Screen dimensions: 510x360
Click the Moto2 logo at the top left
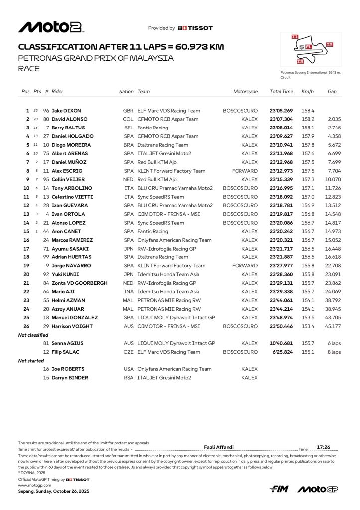[x=50, y=27]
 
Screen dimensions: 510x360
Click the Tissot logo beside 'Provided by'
[x=195, y=28]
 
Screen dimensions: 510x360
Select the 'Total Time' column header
[x=281, y=92]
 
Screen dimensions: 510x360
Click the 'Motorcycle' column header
[x=245, y=92]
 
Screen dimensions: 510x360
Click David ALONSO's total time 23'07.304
[x=281, y=119]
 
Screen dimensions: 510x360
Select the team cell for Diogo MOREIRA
[x=163, y=145]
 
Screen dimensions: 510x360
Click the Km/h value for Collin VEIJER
[x=308, y=179]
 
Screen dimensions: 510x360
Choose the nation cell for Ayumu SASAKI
[x=128, y=249]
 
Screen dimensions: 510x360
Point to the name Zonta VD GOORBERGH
[x=79, y=283]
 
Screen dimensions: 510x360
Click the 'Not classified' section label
[x=33, y=335]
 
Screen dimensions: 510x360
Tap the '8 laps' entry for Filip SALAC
[x=333, y=352]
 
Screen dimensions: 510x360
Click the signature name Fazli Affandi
[x=219, y=447]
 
